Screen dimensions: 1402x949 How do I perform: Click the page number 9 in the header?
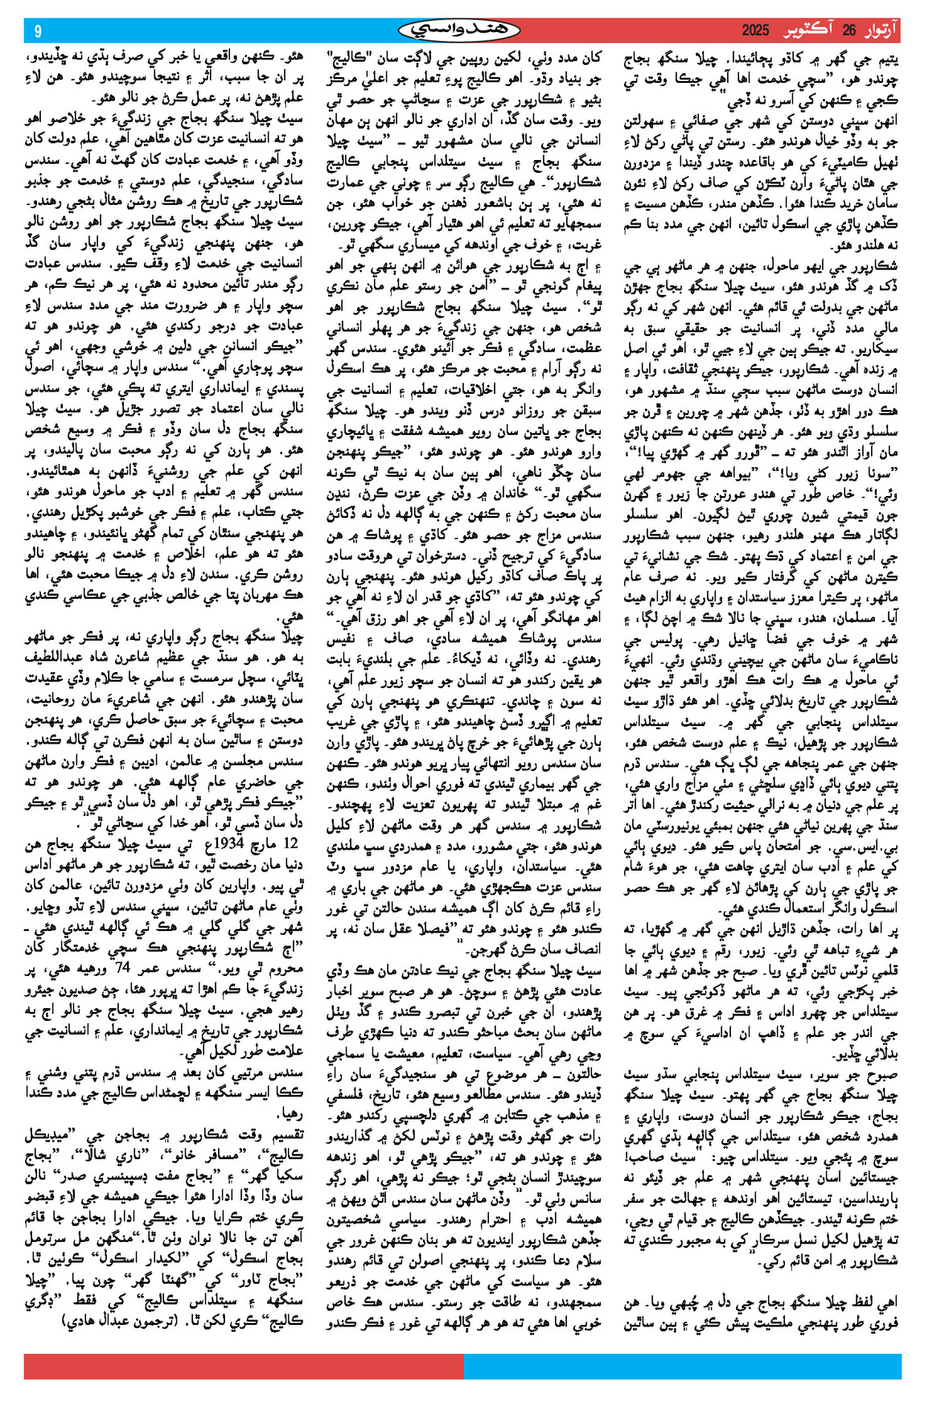click(x=38, y=31)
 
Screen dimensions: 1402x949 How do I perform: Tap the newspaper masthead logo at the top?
click(x=460, y=31)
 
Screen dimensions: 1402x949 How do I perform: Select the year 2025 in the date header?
click(x=756, y=31)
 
